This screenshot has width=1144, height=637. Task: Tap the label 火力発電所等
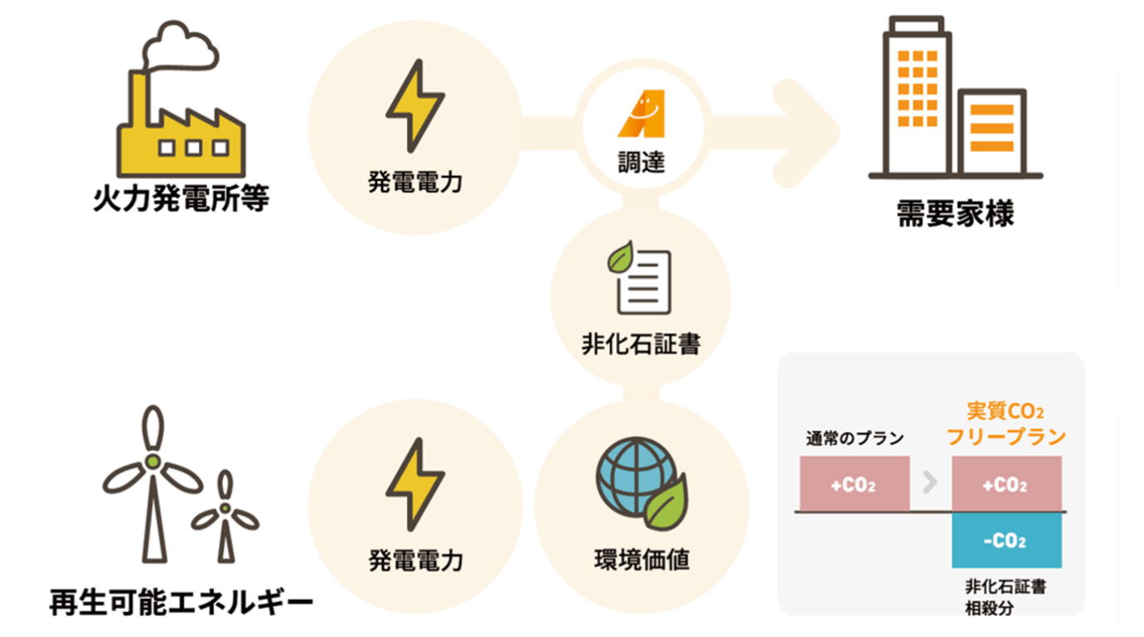[181, 200]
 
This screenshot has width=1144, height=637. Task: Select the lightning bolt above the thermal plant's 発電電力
[415, 105]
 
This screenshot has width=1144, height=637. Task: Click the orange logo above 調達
[642, 114]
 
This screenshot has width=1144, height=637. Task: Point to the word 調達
[642, 162]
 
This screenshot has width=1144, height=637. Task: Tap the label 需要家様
[955, 215]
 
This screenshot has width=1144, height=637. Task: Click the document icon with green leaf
[641, 277]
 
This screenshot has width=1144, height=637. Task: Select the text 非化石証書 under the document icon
[641, 343]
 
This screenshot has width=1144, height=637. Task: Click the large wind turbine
[153, 481]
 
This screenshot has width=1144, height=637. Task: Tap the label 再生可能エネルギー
[181, 601]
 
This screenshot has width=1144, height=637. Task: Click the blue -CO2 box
[1006, 541]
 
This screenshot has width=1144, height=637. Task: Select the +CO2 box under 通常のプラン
[854, 484]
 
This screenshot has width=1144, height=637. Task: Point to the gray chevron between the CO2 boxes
[930, 483]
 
